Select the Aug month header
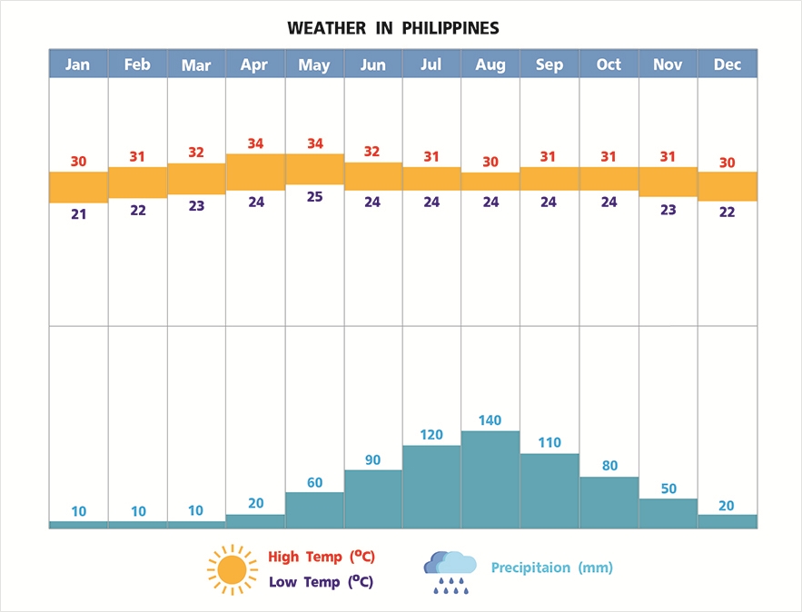point(490,64)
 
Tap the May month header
point(314,64)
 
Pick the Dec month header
point(727,64)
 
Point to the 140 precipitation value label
point(490,420)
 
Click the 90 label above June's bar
point(372,459)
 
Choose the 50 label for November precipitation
point(668,489)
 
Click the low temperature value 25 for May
point(314,196)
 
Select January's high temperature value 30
point(78,162)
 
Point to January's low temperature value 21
point(78,214)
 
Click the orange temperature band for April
point(255,172)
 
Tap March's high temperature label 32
point(196,153)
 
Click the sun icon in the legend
point(232,569)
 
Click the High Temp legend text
point(322,557)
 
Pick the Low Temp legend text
point(321,582)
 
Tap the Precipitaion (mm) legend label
point(552,568)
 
